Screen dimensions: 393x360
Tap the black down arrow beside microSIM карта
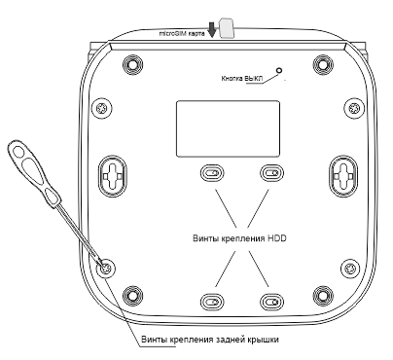(x=212, y=30)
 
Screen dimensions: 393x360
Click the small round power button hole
(x=280, y=70)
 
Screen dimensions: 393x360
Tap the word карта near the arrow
(x=196, y=32)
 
